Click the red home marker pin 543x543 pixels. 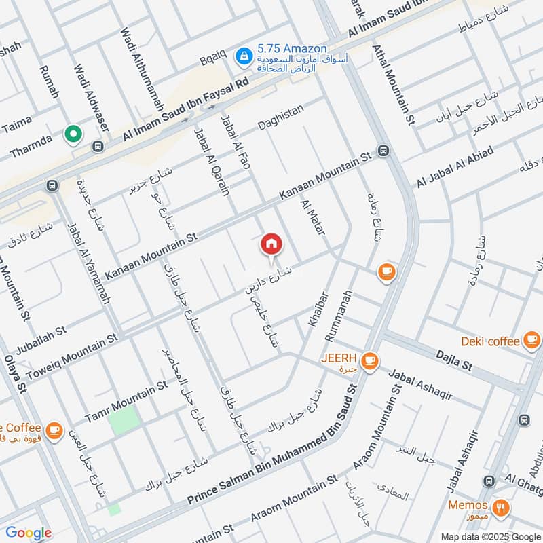(x=271, y=244)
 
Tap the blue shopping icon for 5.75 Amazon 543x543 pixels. (x=241, y=56)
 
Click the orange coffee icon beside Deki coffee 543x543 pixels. (x=531, y=341)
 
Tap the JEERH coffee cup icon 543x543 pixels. (x=369, y=360)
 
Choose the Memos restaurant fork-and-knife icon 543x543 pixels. (x=501, y=506)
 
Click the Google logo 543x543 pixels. (x=29, y=533)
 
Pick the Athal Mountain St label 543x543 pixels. (x=394, y=85)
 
